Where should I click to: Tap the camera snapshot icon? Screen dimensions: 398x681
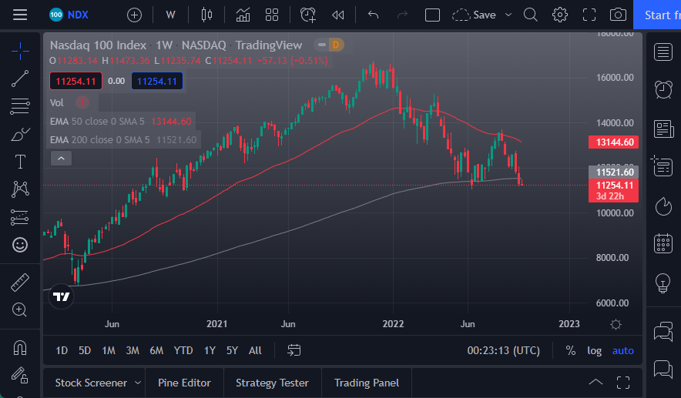coord(617,15)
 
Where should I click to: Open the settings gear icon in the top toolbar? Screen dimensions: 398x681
coord(560,15)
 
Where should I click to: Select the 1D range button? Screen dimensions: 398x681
coord(62,350)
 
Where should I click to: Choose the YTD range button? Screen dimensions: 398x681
coord(183,350)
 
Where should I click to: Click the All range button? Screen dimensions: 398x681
coord(255,350)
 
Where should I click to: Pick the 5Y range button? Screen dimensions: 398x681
coord(232,350)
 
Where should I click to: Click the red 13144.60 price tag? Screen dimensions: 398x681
coord(615,142)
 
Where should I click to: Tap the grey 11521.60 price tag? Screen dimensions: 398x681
coord(615,172)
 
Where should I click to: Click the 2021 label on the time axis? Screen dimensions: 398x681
coord(217,324)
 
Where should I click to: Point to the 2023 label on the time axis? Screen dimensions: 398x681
coord(569,324)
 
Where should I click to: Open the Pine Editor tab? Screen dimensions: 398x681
coord(184,383)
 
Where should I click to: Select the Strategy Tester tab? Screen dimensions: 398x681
coord(272,383)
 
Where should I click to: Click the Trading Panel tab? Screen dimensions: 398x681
coord(367,383)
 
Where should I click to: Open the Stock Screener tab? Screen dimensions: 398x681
coord(91,383)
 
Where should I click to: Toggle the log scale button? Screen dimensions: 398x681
coord(594,350)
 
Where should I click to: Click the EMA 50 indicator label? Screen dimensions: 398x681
coord(98,121)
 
